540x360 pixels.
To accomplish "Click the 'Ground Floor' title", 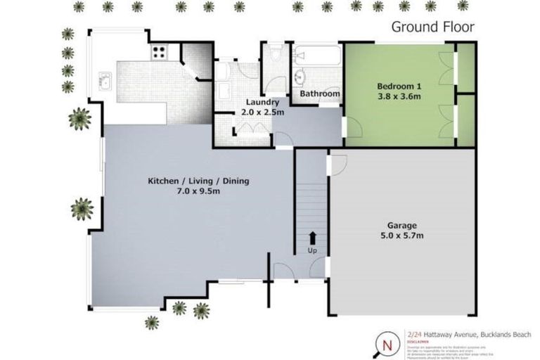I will (x=432, y=27).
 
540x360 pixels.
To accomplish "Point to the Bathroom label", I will (x=320, y=94).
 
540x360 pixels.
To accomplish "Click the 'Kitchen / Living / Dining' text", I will (x=198, y=181).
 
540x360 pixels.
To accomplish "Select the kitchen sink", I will (x=105, y=82).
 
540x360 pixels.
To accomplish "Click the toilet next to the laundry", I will (x=275, y=54).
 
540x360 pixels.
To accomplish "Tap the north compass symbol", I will (x=387, y=345).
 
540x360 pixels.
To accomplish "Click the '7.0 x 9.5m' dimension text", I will (x=198, y=192).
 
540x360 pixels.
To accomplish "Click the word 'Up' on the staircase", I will (x=312, y=250).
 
